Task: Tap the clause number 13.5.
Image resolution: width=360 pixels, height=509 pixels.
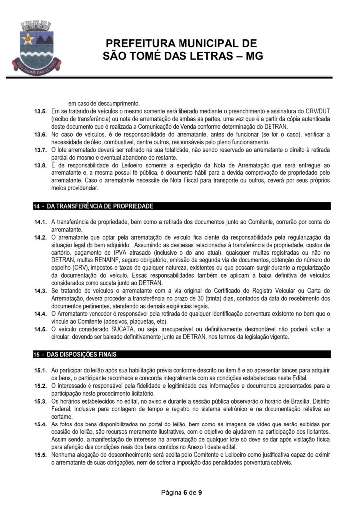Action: click(x=40, y=112)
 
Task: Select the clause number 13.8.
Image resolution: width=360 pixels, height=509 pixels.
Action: click(x=40, y=165)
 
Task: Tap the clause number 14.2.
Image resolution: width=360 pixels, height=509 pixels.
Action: click(x=40, y=237)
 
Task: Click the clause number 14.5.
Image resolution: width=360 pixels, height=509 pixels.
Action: click(x=40, y=329)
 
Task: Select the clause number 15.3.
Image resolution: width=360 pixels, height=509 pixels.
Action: click(x=40, y=401)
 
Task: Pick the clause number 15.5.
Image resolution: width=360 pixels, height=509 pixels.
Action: click(x=40, y=454)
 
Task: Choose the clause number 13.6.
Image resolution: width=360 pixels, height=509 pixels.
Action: click(x=40, y=134)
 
